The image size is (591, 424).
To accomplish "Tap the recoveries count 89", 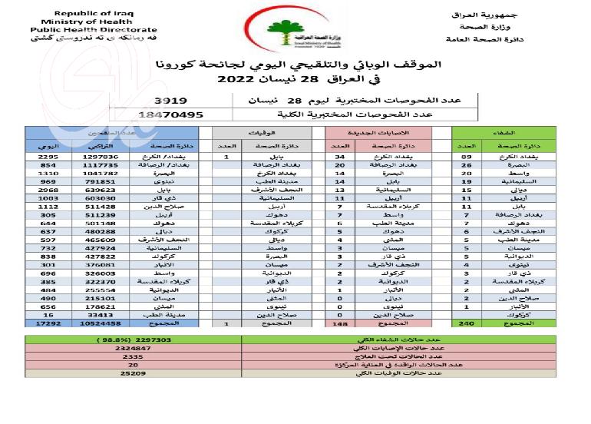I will pos(464,157).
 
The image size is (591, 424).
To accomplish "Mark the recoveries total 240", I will pos(464,324).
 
